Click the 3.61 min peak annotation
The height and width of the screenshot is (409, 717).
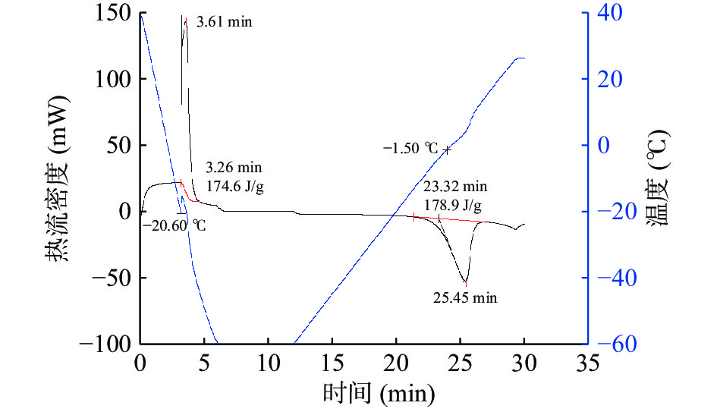[x=224, y=22]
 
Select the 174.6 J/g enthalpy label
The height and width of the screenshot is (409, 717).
[x=235, y=184]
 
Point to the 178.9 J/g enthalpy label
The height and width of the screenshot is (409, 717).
[x=453, y=205]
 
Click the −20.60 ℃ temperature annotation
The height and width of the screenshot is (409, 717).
[x=175, y=225]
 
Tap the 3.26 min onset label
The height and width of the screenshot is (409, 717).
[x=234, y=168]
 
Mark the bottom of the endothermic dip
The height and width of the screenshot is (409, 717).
[x=465, y=282]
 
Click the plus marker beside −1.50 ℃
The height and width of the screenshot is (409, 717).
[x=447, y=149]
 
